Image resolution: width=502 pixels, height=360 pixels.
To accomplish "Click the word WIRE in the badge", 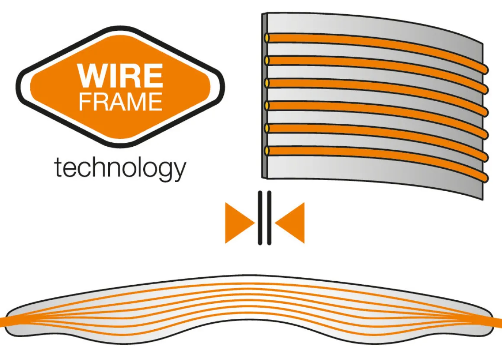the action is [x=120, y=76].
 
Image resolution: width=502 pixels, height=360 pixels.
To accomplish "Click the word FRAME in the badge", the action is [x=120, y=102].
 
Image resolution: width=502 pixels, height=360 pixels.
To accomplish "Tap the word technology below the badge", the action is [x=120, y=168].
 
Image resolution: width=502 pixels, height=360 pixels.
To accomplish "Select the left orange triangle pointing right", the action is [x=240, y=223].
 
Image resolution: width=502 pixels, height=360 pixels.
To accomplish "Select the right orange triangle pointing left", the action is [x=290, y=223].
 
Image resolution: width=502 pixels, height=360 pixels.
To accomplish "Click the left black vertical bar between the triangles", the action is [x=260, y=218].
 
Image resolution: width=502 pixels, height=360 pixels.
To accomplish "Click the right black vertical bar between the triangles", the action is [x=269, y=218].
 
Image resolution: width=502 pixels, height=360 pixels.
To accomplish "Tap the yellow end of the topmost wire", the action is [x=267, y=38].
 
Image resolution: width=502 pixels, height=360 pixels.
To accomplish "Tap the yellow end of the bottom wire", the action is [x=267, y=151].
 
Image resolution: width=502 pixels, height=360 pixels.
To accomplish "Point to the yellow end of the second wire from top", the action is [x=267, y=60].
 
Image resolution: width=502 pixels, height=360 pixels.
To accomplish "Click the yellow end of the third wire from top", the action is [x=267, y=83].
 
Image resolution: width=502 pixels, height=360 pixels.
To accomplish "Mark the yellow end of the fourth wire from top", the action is [x=267, y=105].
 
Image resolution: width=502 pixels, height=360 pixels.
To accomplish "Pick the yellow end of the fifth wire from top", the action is [x=267, y=128].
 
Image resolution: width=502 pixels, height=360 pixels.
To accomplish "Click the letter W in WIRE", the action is [x=91, y=76].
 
